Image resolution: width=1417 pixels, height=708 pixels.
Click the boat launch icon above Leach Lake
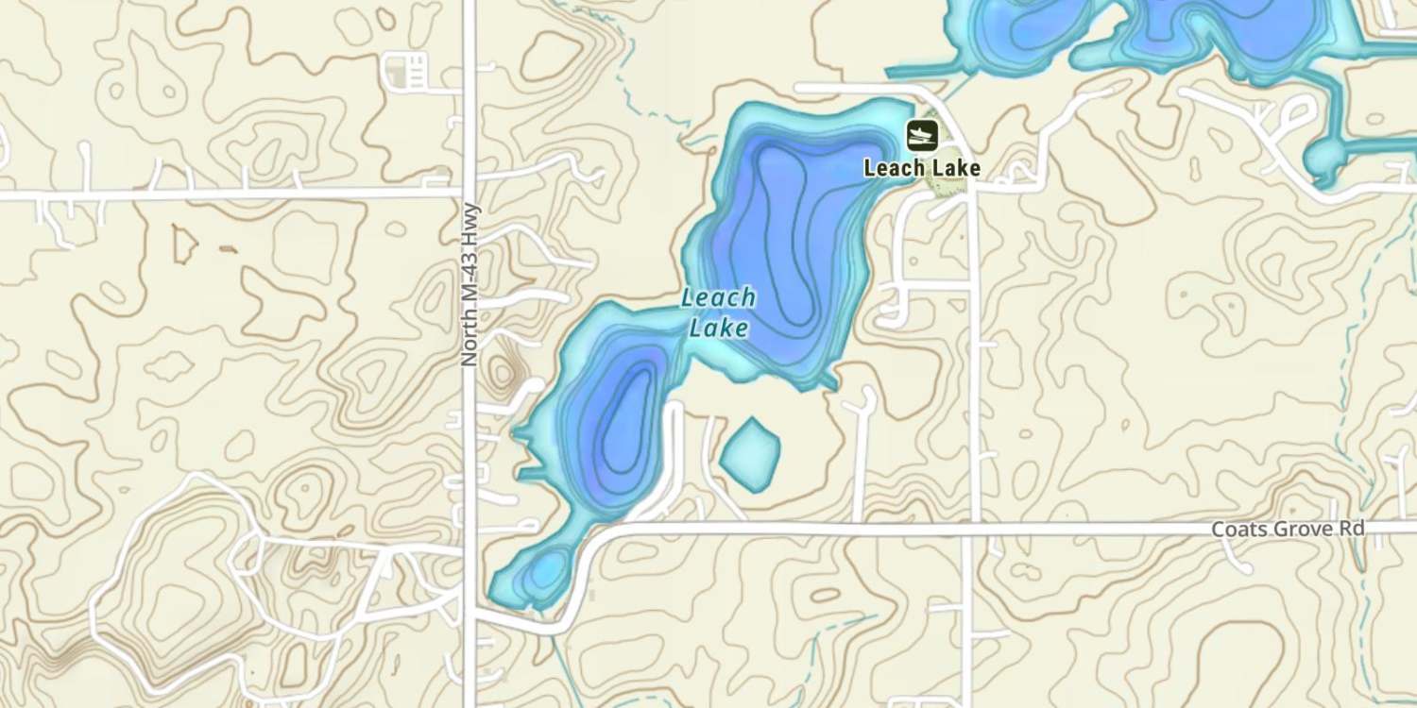pos(922,135)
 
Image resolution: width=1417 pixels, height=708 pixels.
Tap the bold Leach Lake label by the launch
pos(922,169)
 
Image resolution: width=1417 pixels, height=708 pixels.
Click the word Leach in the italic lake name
pos(719,298)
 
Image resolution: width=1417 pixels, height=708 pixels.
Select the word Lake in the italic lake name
pos(719,329)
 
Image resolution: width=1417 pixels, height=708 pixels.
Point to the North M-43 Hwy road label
pos(469,285)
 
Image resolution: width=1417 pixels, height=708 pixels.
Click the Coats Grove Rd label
pos(1289,529)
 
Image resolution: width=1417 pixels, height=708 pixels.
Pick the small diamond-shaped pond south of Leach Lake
pos(750,454)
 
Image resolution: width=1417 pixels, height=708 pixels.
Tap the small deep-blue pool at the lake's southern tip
pos(545,572)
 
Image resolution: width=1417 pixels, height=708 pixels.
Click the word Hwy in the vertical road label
pos(469,221)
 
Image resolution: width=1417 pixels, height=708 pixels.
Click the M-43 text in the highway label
pos(469,274)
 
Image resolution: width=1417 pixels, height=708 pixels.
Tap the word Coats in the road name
pos(1235,529)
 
